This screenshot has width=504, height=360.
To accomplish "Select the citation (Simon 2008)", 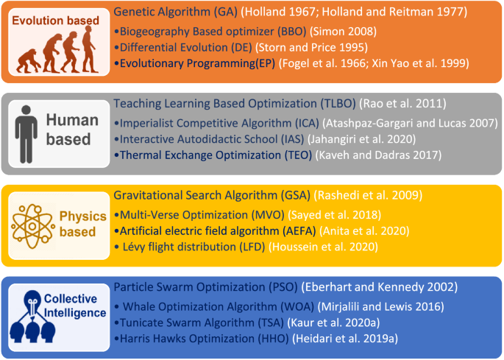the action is (x=344, y=32).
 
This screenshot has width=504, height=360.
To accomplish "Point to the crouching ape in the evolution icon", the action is (x=29, y=60).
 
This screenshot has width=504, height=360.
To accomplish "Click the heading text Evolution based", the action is (x=56, y=21).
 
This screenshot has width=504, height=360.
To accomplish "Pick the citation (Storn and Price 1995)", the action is (x=311, y=48).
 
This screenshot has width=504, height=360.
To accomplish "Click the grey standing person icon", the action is (x=26, y=134).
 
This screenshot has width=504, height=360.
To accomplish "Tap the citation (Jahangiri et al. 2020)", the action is (x=361, y=139).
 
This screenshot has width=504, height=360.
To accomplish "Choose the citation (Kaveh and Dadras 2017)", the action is (x=378, y=155).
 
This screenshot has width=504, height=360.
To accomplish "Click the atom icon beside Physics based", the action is (x=32, y=226).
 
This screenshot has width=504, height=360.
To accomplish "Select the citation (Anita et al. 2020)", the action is (x=364, y=231).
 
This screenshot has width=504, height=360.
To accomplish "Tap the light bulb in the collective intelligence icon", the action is (x=32, y=302).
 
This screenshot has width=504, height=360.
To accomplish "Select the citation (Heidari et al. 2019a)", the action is (x=345, y=339).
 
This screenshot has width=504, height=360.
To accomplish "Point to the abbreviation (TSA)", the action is (x=271, y=322).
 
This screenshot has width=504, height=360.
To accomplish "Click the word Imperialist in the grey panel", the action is (x=146, y=123).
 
